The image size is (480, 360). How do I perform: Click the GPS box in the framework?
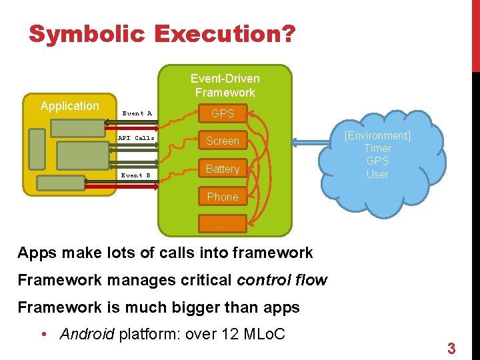pyautogui.click(x=223, y=113)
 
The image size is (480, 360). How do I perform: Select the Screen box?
pyautogui.click(x=223, y=141)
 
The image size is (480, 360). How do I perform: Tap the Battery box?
pyautogui.click(x=223, y=169)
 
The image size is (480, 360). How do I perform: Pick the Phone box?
pyautogui.click(x=223, y=197)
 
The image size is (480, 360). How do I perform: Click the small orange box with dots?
pyautogui.click(x=223, y=225)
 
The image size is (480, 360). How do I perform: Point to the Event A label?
pyautogui.click(x=137, y=113)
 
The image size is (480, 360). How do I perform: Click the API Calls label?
pyautogui.click(x=136, y=138)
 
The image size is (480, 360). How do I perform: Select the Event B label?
pyautogui.click(x=136, y=175)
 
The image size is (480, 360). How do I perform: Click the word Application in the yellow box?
pyautogui.click(x=69, y=106)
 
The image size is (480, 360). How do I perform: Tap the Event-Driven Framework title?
pyautogui.click(x=225, y=85)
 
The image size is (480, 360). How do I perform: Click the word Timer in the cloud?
pyautogui.click(x=377, y=148)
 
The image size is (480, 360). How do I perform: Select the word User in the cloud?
pyautogui.click(x=377, y=174)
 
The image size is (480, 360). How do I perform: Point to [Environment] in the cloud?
pyautogui.click(x=377, y=135)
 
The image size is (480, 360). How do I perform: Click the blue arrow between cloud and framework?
pyautogui.click(x=313, y=141)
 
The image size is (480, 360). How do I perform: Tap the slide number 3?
pyautogui.click(x=451, y=348)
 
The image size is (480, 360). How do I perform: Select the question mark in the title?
pyautogui.click(x=287, y=34)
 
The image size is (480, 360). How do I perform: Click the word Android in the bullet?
pyautogui.click(x=87, y=334)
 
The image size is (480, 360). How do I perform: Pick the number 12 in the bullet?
pyautogui.click(x=231, y=334)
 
